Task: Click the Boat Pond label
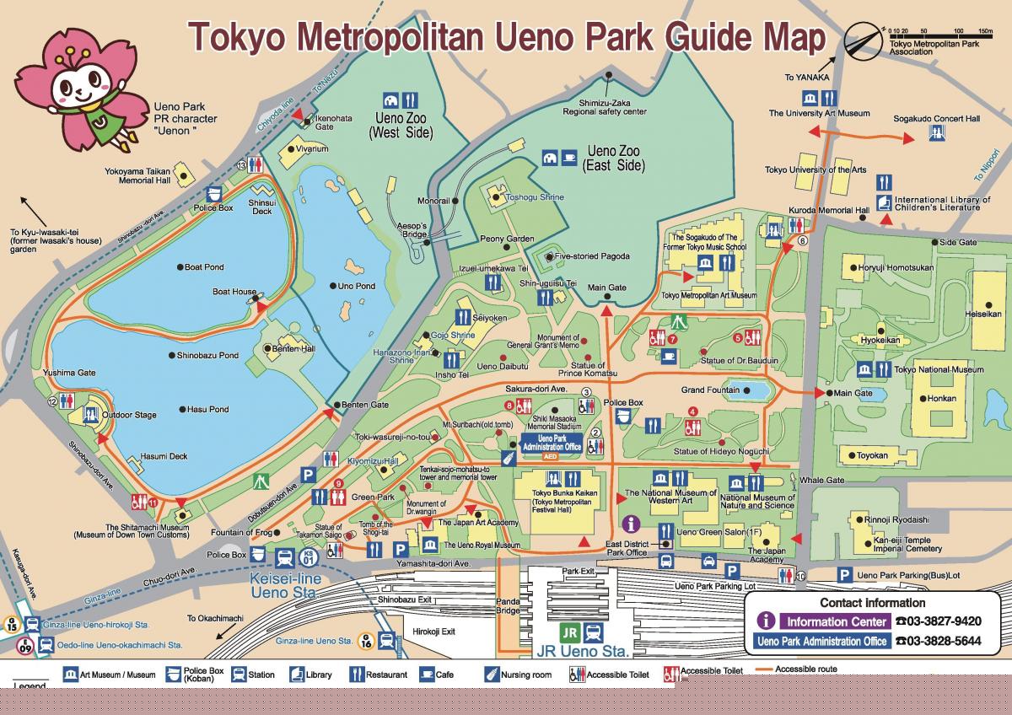pyautogui.click(x=204, y=267)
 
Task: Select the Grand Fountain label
pyautogui.click(x=710, y=390)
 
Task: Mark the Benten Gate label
pyautogui.click(x=365, y=406)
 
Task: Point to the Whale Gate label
pyautogui.click(x=822, y=480)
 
